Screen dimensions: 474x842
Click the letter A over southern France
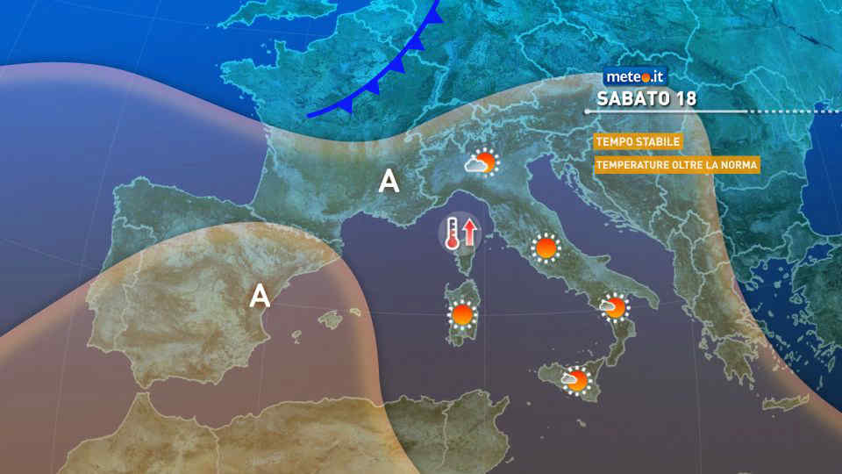(389, 182)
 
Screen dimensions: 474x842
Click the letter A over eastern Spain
(260, 294)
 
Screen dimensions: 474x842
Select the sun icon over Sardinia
(462, 313)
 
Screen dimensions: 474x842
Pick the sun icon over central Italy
(546, 248)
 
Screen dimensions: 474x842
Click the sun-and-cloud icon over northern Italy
(482, 162)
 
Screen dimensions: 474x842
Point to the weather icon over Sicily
(576, 379)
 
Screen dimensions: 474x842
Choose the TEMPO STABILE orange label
(638, 142)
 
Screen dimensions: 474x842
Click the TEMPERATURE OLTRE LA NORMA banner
(675, 164)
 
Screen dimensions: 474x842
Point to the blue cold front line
(386, 77)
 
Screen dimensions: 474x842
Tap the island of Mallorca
(330, 320)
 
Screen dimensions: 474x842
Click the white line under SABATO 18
(667, 111)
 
